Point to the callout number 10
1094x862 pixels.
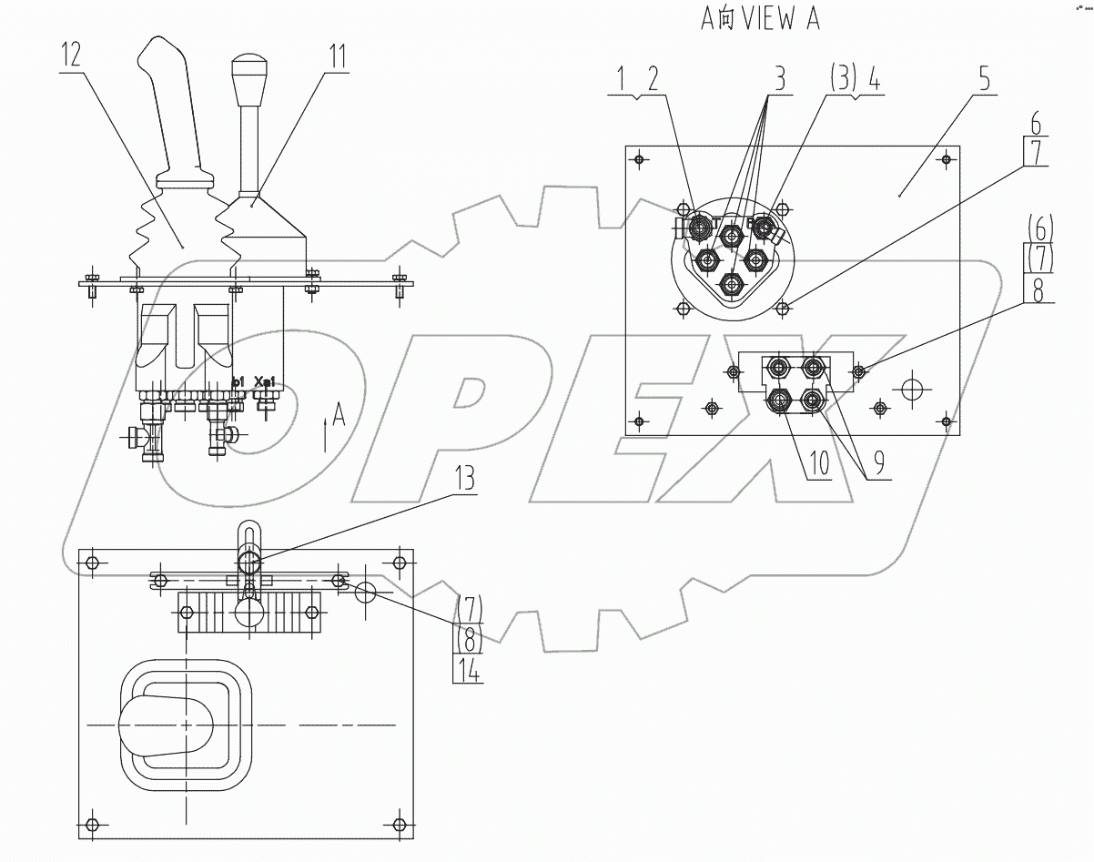[x=818, y=463]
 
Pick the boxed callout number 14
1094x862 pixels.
[x=469, y=670]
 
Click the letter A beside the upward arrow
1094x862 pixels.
[x=339, y=416]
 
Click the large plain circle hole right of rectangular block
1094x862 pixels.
[x=910, y=389]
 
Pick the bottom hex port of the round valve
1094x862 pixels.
[x=732, y=284]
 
